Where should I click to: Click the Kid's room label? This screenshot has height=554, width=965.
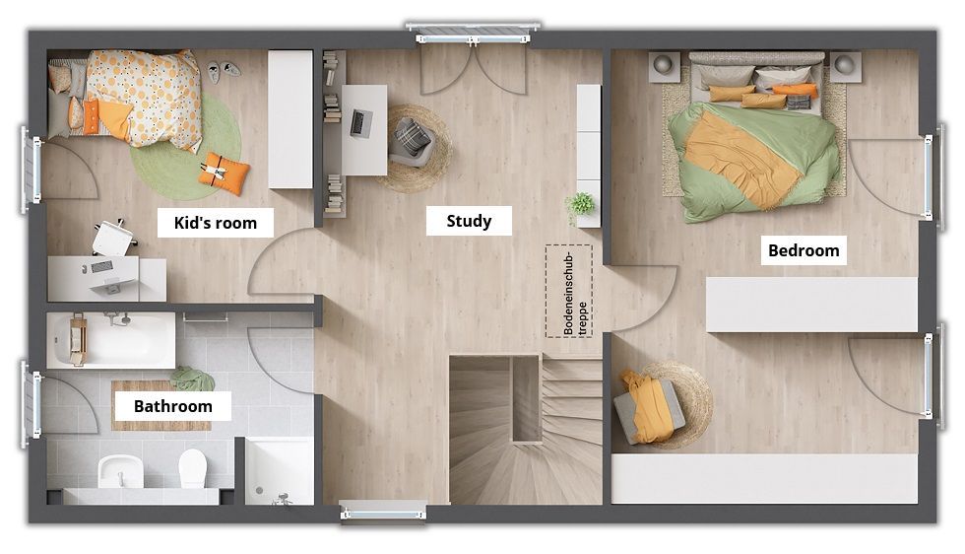click(x=216, y=223)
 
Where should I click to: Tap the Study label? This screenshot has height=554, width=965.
click(x=469, y=221)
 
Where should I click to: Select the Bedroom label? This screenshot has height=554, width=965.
click(x=804, y=250)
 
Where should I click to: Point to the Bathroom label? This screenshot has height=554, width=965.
click(x=173, y=406)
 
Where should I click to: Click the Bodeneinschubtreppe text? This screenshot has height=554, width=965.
click(x=569, y=292)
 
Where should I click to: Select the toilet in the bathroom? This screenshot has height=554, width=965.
click(x=193, y=467)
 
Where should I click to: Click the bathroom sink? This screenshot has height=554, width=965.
click(x=120, y=471)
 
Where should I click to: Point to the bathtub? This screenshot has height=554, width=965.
click(x=111, y=340)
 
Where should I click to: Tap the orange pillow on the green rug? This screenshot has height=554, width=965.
click(x=225, y=173)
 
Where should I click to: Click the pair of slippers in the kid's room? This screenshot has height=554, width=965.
click(x=223, y=70)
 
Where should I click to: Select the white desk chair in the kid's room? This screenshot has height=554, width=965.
click(x=114, y=238)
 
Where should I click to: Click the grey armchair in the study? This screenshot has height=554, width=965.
click(x=413, y=142)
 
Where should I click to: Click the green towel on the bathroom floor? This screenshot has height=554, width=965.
click(x=192, y=378)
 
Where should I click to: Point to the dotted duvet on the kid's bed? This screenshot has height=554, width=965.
click(x=145, y=98)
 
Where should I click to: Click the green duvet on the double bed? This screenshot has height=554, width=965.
click(x=755, y=161)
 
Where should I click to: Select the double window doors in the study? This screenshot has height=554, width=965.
click(x=473, y=66)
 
